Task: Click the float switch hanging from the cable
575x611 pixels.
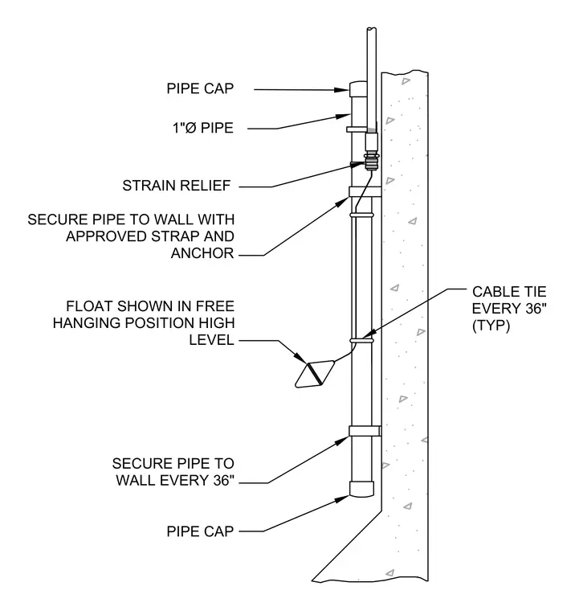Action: pyautogui.click(x=315, y=374)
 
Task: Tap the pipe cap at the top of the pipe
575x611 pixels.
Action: pyautogui.click(x=358, y=89)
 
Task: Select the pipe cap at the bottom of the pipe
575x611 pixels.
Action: pyautogui.click(x=361, y=489)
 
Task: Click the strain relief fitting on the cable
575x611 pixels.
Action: pyautogui.click(x=371, y=162)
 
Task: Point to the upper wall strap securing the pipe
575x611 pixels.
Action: pyautogui.click(x=365, y=191)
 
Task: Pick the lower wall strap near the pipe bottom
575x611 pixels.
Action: pyautogui.click(x=365, y=431)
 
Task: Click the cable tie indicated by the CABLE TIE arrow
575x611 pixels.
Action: pyautogui.click(x=361, y=341)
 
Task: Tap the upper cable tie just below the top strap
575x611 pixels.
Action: pyautogui.click(x=361, y=215)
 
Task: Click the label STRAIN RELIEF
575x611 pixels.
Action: pyautogui.click(x=177, y=186)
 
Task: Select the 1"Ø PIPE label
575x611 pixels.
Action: pyautogui.click(x=203, y=128)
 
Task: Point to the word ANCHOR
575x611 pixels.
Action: pyautogui.click(x=202, y=253)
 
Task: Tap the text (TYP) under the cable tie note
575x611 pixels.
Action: pyautogui.click(x=491, y=326)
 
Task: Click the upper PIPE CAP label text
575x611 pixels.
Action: pyautogui.click(x=200, y=88)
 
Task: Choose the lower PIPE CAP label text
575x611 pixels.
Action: pyautogui.click(x=200, y=531)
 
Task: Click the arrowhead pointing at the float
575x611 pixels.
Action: pyautogui.click(x=301, y=357)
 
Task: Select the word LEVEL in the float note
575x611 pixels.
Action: pyautogui.click(x=211, y=340)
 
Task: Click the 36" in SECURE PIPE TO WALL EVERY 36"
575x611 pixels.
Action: pyautogui.click(x=224, y=480)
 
